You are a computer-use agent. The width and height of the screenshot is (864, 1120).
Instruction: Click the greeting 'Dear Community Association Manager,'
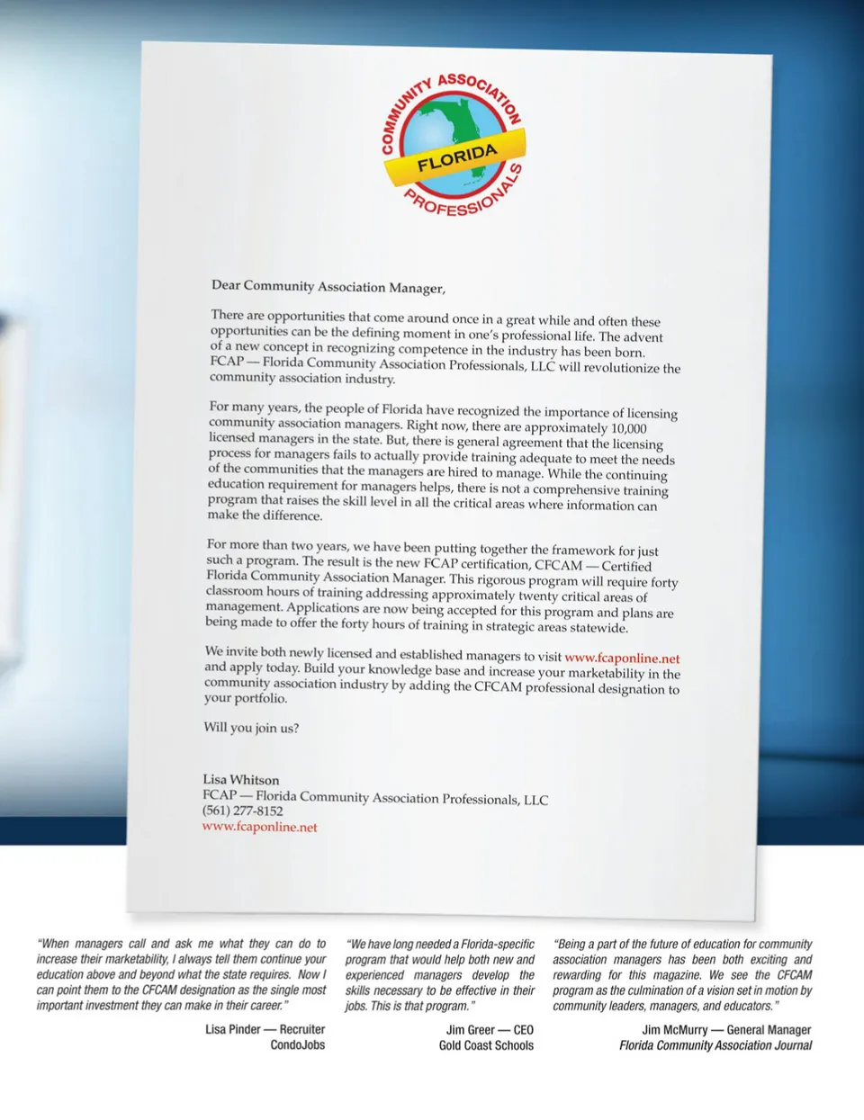pos(328,286)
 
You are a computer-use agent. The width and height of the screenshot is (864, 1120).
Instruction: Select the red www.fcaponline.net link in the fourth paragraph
pos(622,658)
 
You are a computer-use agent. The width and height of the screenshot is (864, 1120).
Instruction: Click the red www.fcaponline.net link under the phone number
pos(259,827)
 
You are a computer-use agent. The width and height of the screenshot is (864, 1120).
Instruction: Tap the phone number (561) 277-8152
pos(242,811)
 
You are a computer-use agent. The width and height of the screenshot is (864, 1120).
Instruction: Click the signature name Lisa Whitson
pos(240,779)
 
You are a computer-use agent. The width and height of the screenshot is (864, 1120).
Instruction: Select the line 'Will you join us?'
pos(251,727)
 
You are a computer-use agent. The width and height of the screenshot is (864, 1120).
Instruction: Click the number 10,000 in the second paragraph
pos(628,428)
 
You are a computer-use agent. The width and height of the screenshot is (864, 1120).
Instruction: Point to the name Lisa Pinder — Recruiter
pos(265,1029)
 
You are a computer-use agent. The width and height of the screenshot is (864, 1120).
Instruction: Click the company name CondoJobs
pos(297,1045)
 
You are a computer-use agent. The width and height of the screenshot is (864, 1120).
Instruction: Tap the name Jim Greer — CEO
pos(490,1030)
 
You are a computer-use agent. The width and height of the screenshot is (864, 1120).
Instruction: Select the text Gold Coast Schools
pos(486,1045)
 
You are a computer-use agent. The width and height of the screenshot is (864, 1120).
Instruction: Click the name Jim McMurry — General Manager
pos(726,1030)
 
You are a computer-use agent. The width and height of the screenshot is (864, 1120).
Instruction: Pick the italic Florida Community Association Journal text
pos(715,1045)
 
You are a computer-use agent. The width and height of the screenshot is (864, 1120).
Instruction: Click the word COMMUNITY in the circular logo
pos(400,116)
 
